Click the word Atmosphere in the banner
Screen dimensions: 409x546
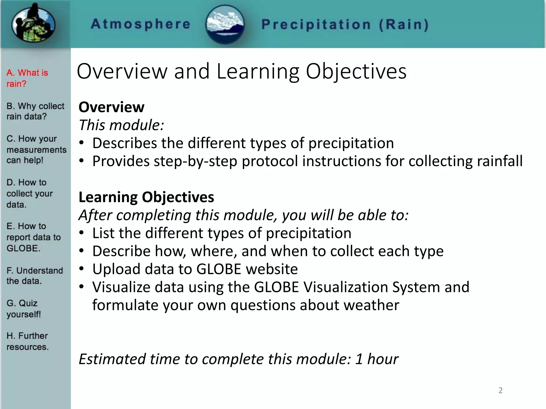(x=140, y=24)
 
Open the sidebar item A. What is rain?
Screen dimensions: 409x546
(x=27, y=78)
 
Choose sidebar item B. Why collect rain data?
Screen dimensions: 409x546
(x=35, y=111)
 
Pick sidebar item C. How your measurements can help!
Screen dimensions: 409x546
(x=36, y=149)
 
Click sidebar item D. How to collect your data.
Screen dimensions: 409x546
(x=29, y=193)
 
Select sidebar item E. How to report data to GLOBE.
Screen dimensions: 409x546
(x=33, y=237)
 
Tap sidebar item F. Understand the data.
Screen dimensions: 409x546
(x=35, y=276)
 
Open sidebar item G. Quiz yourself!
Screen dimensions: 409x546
(x=23, y=309)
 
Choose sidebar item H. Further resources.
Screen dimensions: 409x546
(x=27, y=341)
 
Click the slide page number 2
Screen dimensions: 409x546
(x=500, y=390)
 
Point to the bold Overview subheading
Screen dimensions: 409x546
(x=111, y=107)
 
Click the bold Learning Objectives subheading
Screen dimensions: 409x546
(x=146, y=197)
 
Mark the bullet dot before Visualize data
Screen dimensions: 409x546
(x=82, y=287)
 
